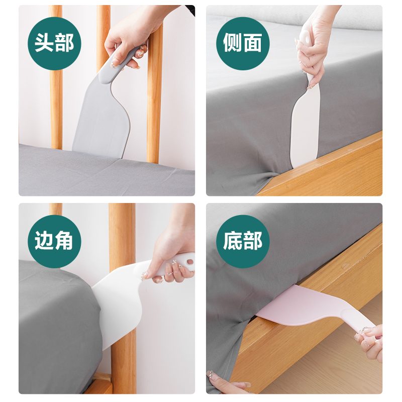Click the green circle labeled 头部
click(x=54, y=43)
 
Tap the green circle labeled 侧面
click(x=242, y=43)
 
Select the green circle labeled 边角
click(x=54, y=241)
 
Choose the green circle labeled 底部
click(x=242, y=241)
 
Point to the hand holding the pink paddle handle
click(x=372, y=342)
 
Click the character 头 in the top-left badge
click(x=44, y=43)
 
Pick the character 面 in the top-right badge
click(x=252, y=43)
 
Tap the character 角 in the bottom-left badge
click(x=64, y=241)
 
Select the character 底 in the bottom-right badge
click(x=232, y=241)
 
